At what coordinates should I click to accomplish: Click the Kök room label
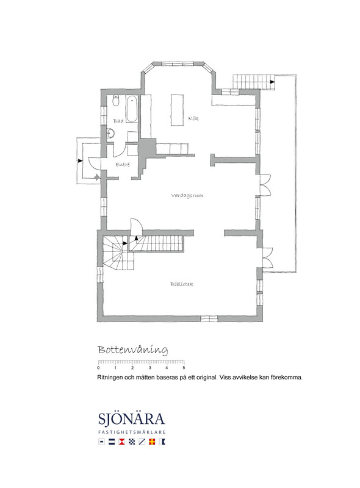click(193, 118)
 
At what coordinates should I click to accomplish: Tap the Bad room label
click(118, 121)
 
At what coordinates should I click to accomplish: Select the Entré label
click(123, 165)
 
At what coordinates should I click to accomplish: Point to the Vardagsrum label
click(187, 195)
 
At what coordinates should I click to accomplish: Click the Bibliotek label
click(182, 284)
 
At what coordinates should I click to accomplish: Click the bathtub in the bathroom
click(132, 109)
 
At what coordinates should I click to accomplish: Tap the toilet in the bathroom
click(116, 100)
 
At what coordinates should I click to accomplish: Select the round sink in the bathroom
click(110, 134)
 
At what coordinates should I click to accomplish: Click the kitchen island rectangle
click(177, 110)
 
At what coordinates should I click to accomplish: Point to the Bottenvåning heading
click(133, 350)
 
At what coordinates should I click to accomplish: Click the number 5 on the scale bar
click(184, 368)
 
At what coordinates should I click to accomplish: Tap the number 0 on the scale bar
click(99, 368)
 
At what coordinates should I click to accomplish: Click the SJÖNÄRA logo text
click(131, 419)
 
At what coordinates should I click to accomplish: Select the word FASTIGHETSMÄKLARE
click(132, 432)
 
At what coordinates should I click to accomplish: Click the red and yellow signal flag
click(152, 442)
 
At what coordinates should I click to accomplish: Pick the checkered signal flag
click(132, 442)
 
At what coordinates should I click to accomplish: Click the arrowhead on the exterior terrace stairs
click(272, 82)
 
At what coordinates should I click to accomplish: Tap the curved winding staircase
click(118, 253)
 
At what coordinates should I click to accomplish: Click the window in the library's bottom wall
click(209, 318)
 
